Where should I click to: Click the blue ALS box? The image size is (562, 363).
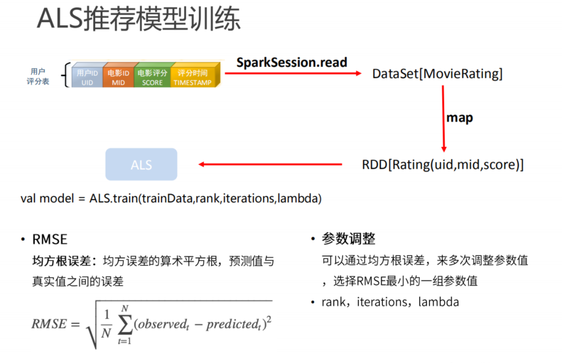pyautogui.click(x=141, y=165)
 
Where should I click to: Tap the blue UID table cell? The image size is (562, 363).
pyautogui.click(x=87, y=77)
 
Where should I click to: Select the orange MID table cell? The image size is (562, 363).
pyautogui.click(x=118, y=77)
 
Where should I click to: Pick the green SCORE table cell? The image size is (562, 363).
pyautogui.click(x=152, y=77)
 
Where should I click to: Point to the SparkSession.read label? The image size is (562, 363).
pyautogui.click(x=292, y=62)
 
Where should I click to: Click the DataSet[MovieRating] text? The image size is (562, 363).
pyautogui.click(x=437, y=74)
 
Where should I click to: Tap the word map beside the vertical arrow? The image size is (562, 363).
pyautogui.click(x=460, y=118)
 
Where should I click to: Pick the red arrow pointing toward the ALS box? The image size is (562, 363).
pyautogui.click(x=270, y=165)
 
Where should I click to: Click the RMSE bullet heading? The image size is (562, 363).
pyautogui.click(x=50, y=239)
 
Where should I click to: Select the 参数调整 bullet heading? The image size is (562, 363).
pyautogui.click(x=348, y=239)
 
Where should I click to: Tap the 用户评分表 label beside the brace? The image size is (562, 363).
pyautogui.click(x=38, y=77)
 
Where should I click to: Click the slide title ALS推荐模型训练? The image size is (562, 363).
pyautogui.click(x=139, y=19)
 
